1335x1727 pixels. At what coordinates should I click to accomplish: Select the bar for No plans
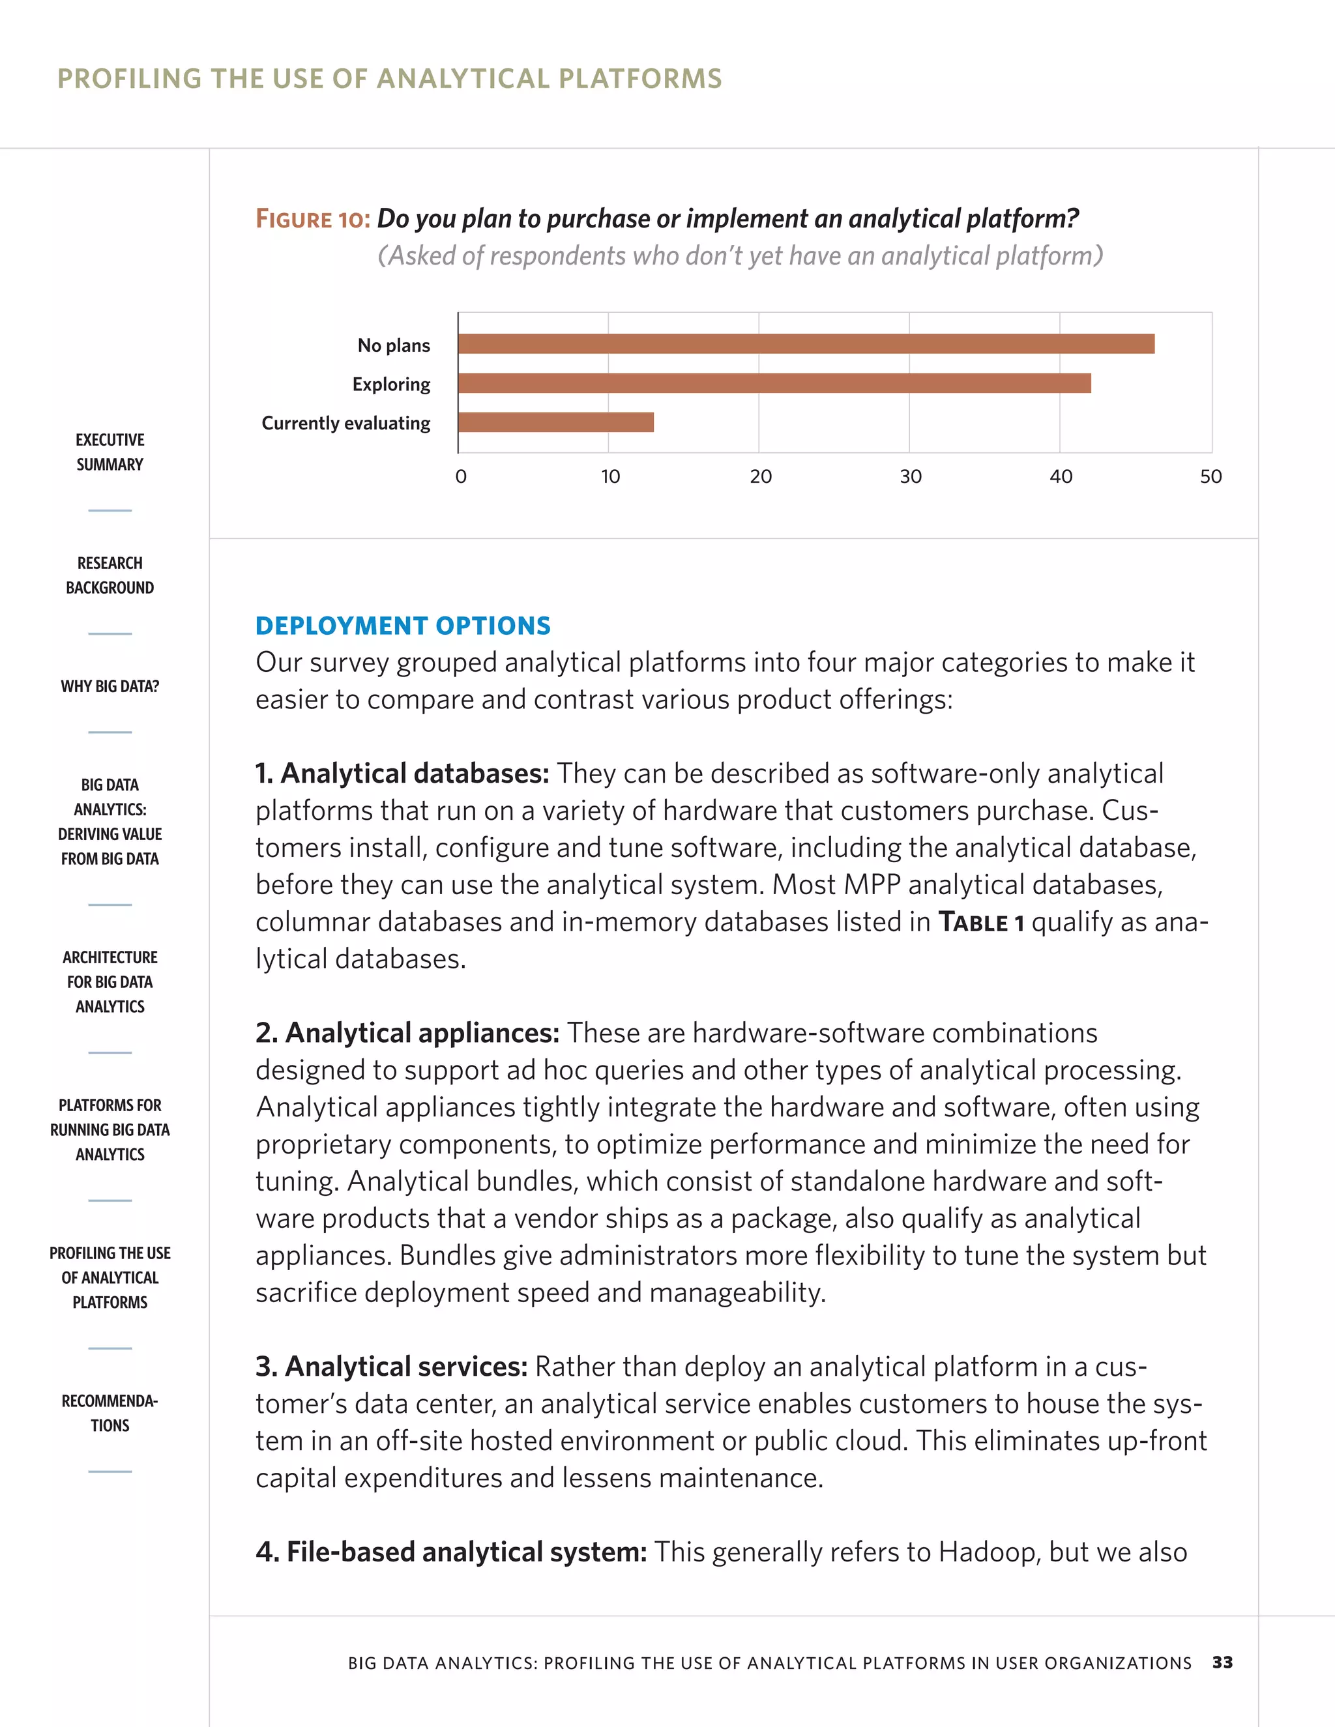point(805,344)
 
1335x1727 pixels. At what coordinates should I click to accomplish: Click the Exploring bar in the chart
point(774,383)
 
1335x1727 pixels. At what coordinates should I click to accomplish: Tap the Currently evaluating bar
point(555,422)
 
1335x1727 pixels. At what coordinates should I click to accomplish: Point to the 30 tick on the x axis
point(910,476)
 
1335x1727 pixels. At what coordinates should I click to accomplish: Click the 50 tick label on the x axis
point(1210,476)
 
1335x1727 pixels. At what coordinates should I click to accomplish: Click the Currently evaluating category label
point(345,423)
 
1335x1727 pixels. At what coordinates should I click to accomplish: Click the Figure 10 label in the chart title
point(312,219)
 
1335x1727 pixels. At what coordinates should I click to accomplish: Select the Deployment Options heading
point(403,626)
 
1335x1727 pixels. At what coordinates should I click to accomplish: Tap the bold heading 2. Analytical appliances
point(407,1033)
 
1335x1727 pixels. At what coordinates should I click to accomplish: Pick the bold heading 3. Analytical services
point(390,1367)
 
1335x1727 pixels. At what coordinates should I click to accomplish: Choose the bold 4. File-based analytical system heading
point(451,1552)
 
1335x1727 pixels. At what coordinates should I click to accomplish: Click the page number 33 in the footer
point(1222,1662)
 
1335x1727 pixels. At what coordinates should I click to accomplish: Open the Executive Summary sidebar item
point(110,452)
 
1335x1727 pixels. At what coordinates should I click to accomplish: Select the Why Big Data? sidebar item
point(110,686)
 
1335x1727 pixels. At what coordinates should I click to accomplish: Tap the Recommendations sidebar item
point(110,1412)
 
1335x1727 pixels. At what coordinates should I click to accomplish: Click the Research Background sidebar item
point(110,575)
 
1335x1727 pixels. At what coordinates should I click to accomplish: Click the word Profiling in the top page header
point(130,78)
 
